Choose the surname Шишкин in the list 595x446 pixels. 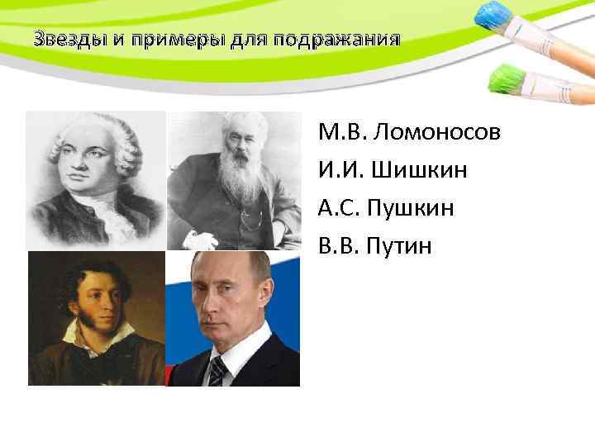[x=421, y=170]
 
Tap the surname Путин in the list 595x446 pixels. [x=405, y=244]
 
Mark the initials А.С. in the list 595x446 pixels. [x=339, y=207]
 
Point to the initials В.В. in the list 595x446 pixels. [x=339, y=244]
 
